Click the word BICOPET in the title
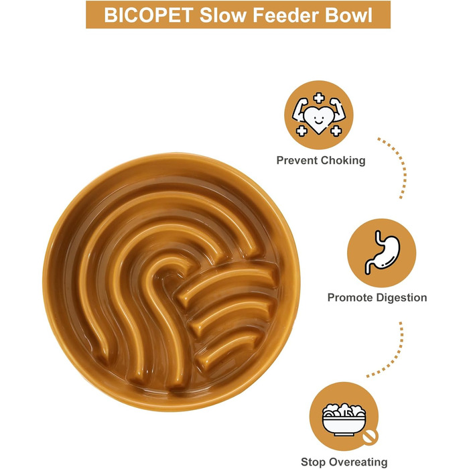click(x=148, y=15)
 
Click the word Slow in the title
click(x=223, y=15)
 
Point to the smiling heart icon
click(x=318, y=119)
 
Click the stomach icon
click(x=383, y=253)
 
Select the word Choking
click(x=343, y=161)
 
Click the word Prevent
click(x=297, y=161)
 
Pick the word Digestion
click(x=402, y=298)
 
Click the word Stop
click(x=312, y=462)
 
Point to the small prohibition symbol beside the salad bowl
click(x=371, y=438)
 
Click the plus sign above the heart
click(x=319, y=98)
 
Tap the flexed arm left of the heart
click(x=299, y=109)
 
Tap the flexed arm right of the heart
click(x=338, y=109)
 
